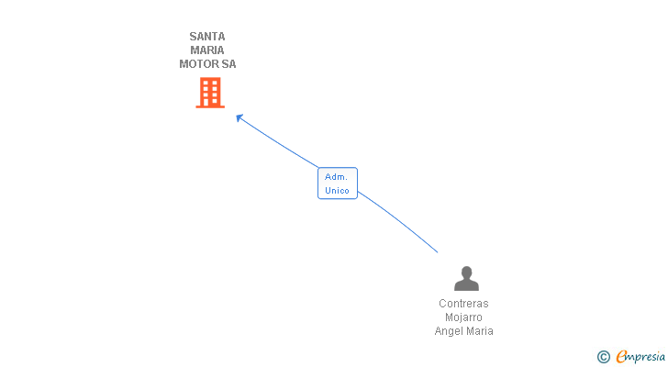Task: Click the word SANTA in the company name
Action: [x=207, y=37]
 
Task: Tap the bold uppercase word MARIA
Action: [x=207, y=50]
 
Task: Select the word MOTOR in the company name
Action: [x=198, y=64]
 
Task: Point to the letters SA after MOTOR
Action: [x=228, y=64]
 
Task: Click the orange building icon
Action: [x=210, y=93]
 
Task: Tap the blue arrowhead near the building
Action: [x=239, y=117]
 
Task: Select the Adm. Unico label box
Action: [x=338, y=183]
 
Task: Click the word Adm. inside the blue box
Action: [x=336, y=177]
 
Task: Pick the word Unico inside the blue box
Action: [x=337, y=190]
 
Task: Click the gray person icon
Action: [x=466, y=278]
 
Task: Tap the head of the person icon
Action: [x=466, y=272]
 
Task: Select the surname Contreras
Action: [x=463, y=304]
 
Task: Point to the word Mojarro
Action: [x=463, y=317]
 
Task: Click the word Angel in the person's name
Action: [x=449, y=331]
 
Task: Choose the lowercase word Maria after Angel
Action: [x=480, y=331]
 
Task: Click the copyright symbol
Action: [x=603, y=357]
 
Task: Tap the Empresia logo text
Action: [x=640, y=357]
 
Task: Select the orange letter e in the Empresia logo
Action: [x=621, y=356]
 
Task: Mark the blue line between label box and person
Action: [x=398, y=220]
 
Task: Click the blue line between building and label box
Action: [x=279, y=143]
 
